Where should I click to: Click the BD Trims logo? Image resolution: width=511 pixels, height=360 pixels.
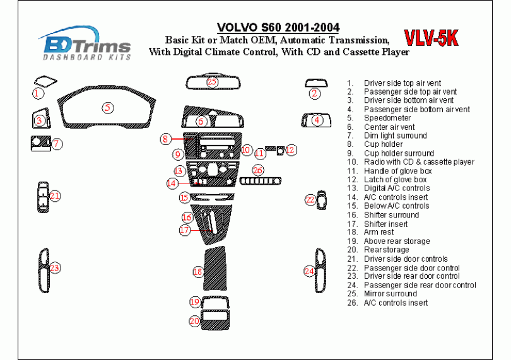click(x=87, y=45)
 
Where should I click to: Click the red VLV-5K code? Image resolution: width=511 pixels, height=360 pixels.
click(x=431, y=38)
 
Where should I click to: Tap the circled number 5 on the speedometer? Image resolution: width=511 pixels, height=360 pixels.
click(x=109, y=108)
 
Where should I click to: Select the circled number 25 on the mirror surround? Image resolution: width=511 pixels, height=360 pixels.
click(x=212, y=82)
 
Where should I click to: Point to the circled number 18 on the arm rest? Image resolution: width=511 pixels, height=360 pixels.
click(x=198, y=272)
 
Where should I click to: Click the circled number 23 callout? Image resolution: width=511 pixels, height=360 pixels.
click(x=55, y=268)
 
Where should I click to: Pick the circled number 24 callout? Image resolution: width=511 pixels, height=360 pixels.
click(x=309, y=271)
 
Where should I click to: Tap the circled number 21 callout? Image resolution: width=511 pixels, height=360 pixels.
click(x=55, y=196)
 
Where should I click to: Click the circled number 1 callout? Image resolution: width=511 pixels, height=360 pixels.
click(x=38, y=93)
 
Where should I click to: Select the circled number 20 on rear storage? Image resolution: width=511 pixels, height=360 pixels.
click(x=194, y=321)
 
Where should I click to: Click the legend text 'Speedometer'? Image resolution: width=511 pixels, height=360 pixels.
click(x=387, y=118)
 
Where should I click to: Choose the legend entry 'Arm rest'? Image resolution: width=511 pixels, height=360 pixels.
click(x=379, y=232)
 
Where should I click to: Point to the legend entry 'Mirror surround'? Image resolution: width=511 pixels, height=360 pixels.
click(x=390, y=294)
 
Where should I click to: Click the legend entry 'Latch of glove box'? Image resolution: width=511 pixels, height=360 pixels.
click(x=395, y=180)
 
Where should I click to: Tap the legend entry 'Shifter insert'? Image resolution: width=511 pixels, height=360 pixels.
click(x=385, y=224)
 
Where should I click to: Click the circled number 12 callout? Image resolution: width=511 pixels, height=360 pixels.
click(x=290, y=150)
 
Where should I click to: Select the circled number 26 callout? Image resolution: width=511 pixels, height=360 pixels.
click(x=257, y=170)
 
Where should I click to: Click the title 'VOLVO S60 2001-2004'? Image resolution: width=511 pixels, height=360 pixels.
click(x=278, y=28)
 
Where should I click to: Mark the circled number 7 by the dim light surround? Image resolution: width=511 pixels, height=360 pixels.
click(x=56, y=144)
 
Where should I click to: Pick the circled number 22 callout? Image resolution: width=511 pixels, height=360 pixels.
click(x=310, y=200)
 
